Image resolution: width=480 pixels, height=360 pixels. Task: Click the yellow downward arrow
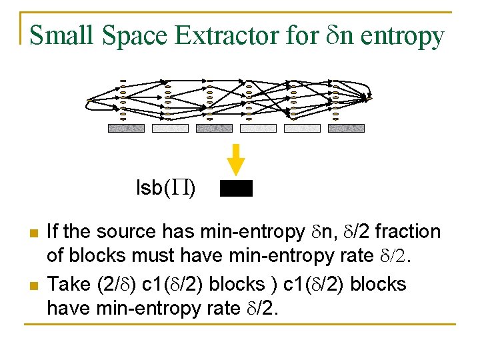pos(236,159)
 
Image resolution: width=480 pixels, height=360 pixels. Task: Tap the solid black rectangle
pos(236,189)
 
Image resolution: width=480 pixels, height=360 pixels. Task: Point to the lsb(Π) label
pos(165,189)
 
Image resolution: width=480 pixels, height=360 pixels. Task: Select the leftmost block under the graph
pos(126,128)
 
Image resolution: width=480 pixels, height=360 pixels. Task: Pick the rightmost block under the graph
pos(346,128)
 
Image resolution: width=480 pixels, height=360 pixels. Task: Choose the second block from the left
pos(170,128)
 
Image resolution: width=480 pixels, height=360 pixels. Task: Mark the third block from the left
pos(214,128)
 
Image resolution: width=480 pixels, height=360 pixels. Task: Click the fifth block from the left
pos(302,128)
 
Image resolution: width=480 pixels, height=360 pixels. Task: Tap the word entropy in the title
pos(401,35)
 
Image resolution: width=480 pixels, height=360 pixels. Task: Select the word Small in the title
pos(62,35)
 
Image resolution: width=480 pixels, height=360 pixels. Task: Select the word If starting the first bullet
pos(53,232)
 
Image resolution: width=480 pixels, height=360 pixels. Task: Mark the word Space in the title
pos(135,35)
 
